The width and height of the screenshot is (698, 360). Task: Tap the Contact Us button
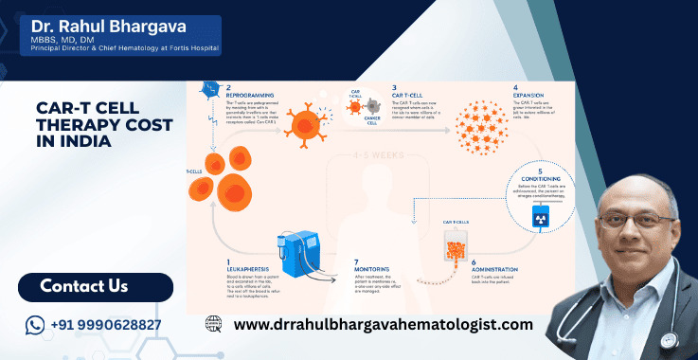84,285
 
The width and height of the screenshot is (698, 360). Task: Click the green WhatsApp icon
35,325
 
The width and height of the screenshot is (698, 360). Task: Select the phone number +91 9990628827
107,325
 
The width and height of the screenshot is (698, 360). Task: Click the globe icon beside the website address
214,325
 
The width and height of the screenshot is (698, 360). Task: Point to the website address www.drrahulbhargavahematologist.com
383,325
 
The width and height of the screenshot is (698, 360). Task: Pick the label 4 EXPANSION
528,95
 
